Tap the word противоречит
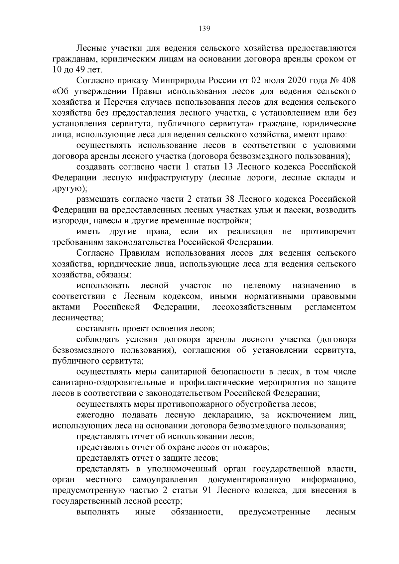coord(328,232)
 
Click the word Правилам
coord(141,253)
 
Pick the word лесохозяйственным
coord(252,307)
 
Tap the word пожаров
coord(254,448)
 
